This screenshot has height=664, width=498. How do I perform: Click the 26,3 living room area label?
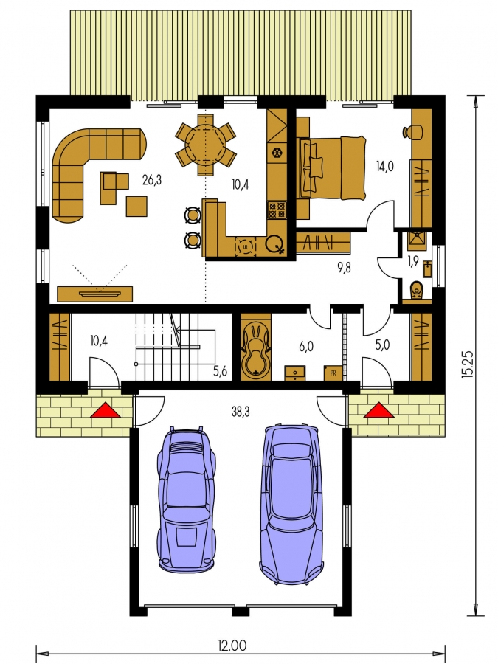[152, 181]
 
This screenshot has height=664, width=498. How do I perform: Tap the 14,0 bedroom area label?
[385, 167]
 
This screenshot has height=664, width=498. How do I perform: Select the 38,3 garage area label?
[241, 411]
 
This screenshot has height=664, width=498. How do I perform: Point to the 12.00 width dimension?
[232, 646]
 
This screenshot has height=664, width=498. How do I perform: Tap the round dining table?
[206, 144]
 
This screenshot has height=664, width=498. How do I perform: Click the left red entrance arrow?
[106, 411]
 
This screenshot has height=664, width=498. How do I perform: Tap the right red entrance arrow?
[378, 411]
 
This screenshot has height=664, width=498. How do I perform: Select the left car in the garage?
[187, 499]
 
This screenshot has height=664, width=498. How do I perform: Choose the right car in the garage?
[291, 505]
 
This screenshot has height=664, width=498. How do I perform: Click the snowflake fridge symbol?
[277, 152]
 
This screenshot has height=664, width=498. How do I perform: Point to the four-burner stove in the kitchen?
[277, 210]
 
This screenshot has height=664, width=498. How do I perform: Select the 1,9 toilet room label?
[413, 261]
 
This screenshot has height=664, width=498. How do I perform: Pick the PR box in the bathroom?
[333, 373]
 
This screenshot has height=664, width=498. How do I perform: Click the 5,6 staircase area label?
[220, 371]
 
